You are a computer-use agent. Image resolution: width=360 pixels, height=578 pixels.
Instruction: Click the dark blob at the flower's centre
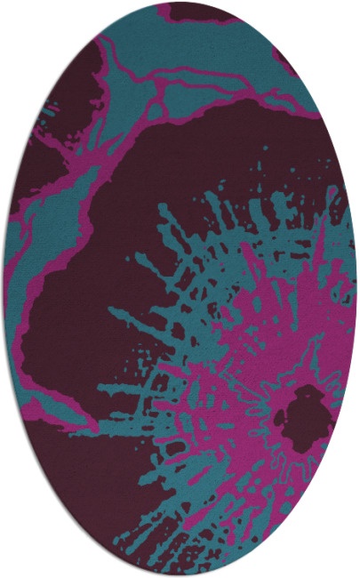(x=302, y=413)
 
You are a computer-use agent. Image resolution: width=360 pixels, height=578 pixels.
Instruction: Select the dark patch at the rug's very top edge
(x=200, y=11)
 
